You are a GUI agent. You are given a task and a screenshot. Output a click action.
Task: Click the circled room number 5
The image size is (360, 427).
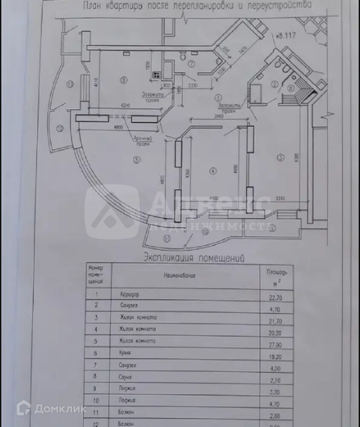click(x=136, y=160)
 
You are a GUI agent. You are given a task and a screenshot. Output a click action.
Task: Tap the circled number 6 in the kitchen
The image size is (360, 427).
click(x=124, y=80)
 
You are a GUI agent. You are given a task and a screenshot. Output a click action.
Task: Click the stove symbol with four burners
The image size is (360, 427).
click(x=155, y=75)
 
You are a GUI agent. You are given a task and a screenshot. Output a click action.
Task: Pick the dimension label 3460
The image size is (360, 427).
click(x=218, y=116)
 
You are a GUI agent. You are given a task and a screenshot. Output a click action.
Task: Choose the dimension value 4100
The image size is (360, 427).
click(x=213, y=198)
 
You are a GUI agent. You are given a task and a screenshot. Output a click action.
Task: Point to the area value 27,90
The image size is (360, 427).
click(x=274, y=342)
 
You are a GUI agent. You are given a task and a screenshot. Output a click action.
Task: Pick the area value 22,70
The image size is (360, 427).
click(x=274, y=294)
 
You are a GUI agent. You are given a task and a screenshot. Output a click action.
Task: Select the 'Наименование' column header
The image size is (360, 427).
click(x=180, y=276)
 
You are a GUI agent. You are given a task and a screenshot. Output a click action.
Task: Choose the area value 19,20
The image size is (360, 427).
click(x=274, y=354)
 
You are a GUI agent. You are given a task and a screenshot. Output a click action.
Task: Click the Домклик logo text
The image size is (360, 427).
click(x=60, y=409)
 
